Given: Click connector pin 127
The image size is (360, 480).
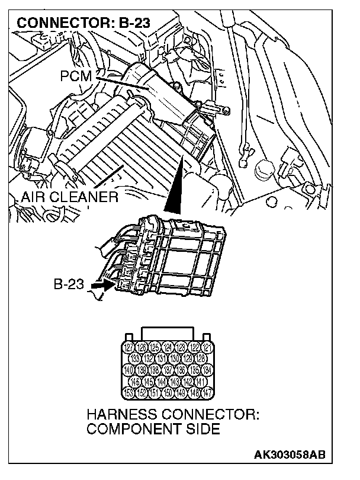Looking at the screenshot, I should coord(128,347).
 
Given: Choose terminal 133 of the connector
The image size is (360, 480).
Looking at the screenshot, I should coord(136,359).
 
